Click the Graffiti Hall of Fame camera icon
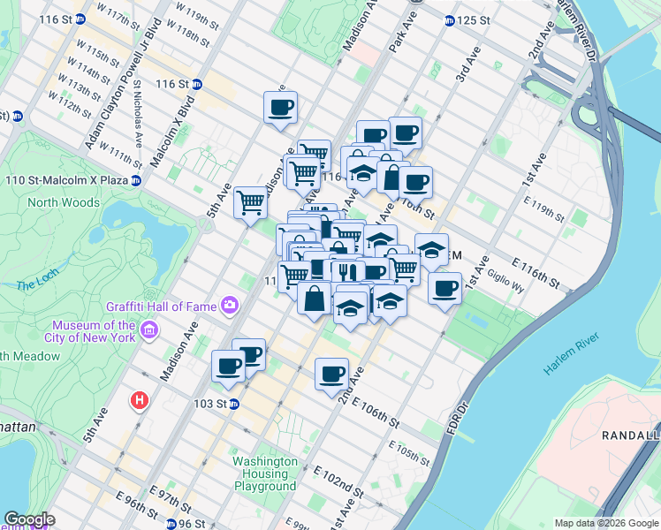click(231, 306)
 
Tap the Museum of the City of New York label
click(93, 330)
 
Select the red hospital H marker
click(139, 400)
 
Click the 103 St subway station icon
click(234, 404)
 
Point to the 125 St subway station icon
click(449, 19)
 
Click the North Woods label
click(64, 202)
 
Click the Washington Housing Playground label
click(265, 473)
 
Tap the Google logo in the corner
click(29, 519)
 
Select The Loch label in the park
click(36, 284)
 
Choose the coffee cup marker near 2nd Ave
click(331, 375)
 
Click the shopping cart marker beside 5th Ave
click(250, 202)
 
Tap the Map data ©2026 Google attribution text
click(605, 522)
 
